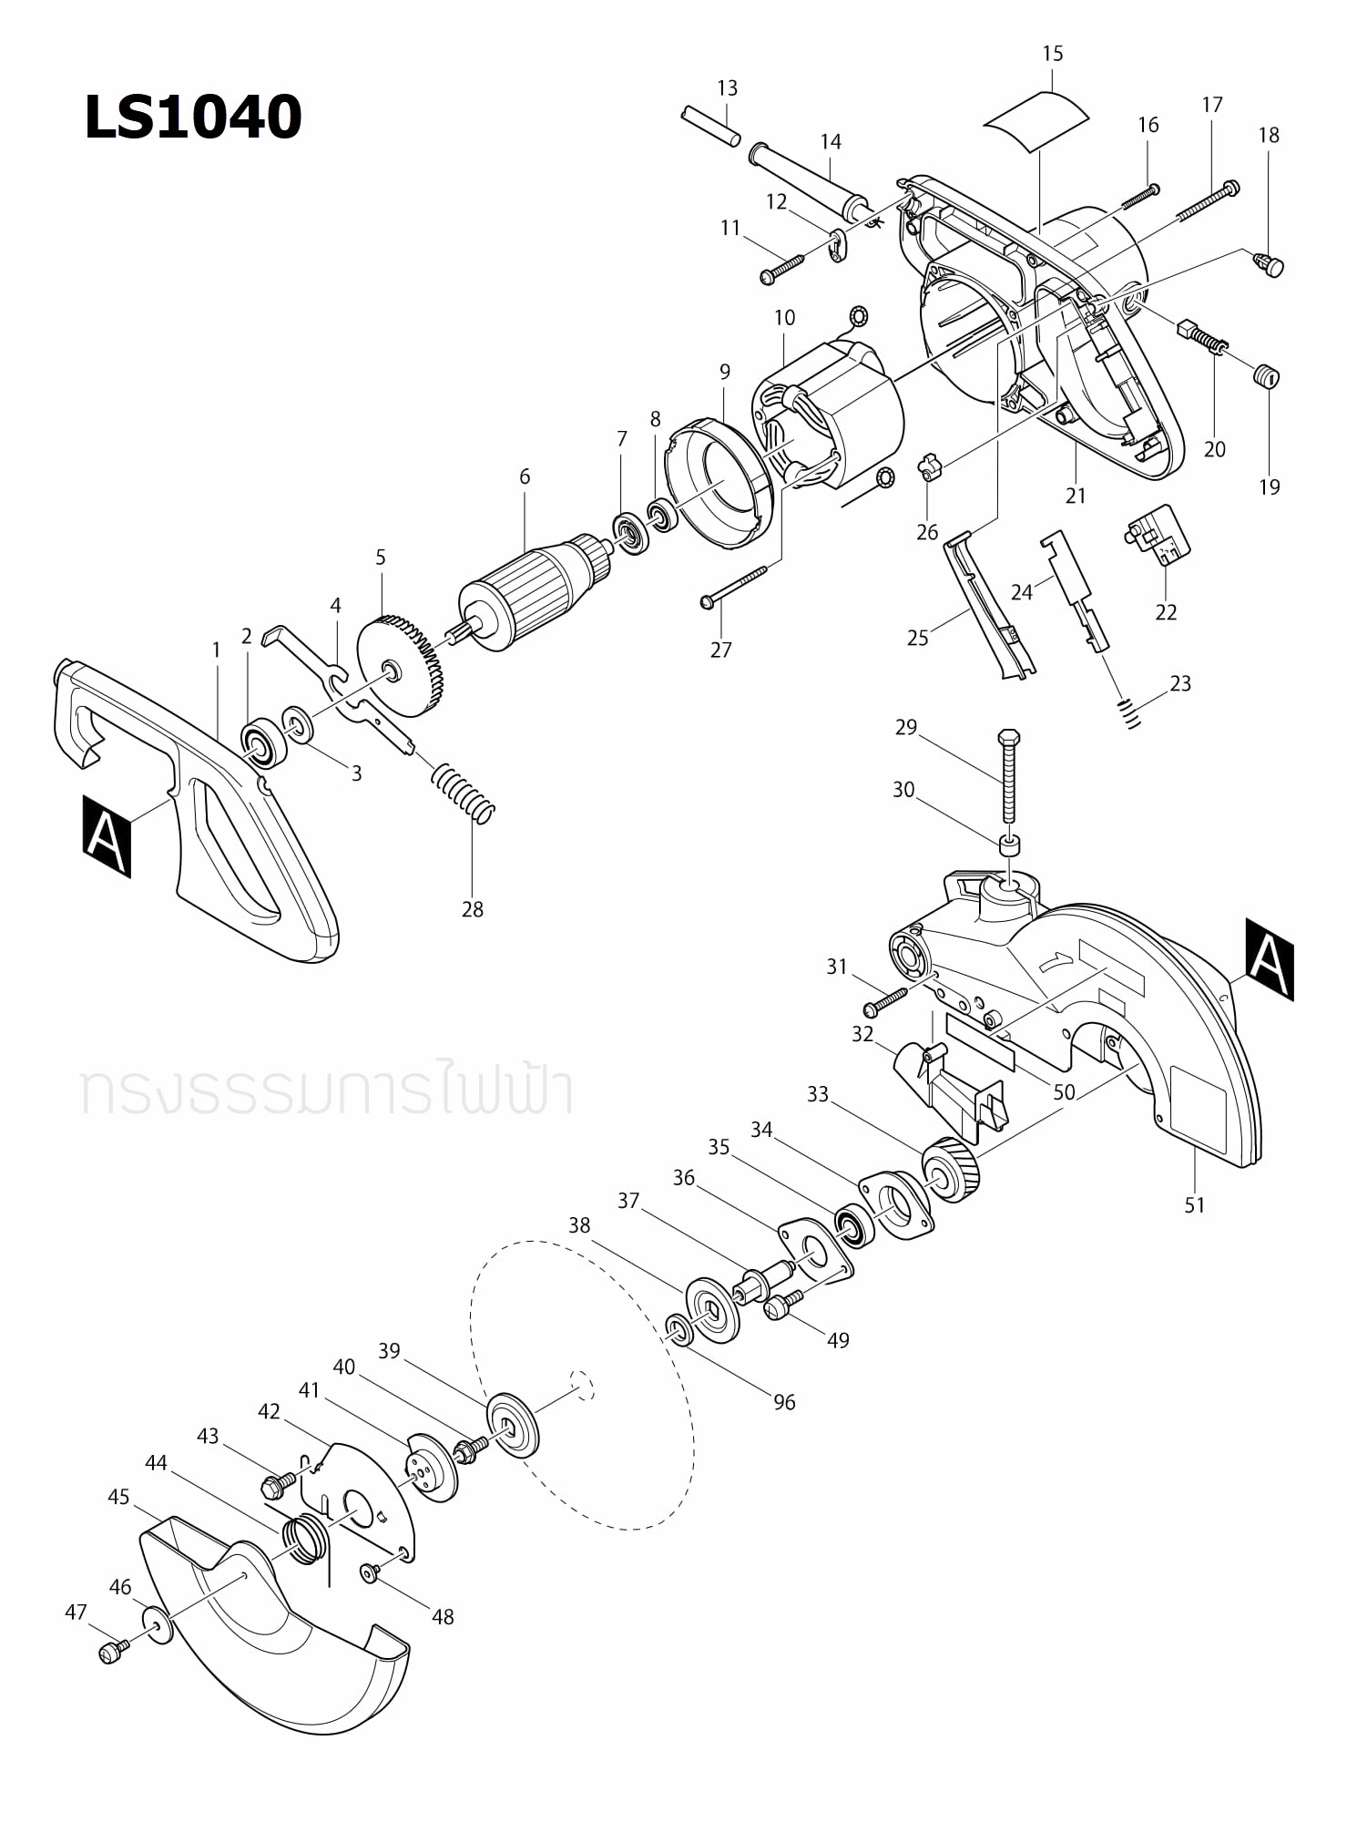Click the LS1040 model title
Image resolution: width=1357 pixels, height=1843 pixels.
[192, 118]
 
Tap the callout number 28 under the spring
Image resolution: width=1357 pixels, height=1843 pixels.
[472, 908]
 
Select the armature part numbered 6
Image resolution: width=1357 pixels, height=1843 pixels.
[528, 593]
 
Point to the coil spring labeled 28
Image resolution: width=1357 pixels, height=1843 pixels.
[464, 792]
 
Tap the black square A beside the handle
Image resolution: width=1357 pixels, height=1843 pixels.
[107, 835]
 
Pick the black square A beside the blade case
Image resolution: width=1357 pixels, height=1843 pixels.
[1269, 958]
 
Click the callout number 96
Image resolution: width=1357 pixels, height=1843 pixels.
[784, 1402]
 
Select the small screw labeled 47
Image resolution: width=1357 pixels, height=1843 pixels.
[110, 1651]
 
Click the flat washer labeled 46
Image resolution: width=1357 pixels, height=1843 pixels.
[157, 1626]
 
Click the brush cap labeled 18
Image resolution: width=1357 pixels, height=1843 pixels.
[1268, 265]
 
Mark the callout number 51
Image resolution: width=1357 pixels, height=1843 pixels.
[1194, 1204]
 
